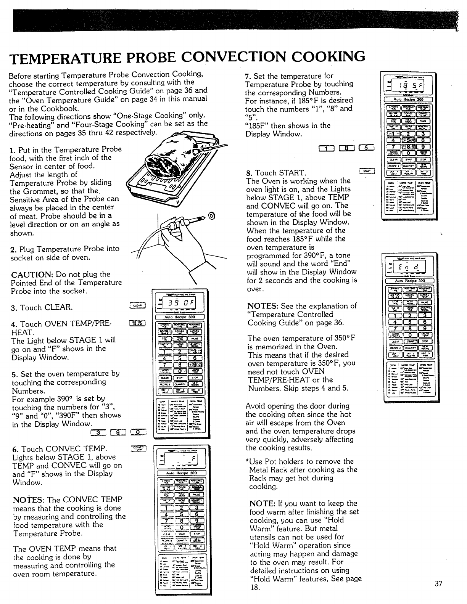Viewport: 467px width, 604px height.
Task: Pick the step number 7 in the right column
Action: tap(247, 76)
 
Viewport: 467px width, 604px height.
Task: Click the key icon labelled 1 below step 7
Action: tap(327, 149)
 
